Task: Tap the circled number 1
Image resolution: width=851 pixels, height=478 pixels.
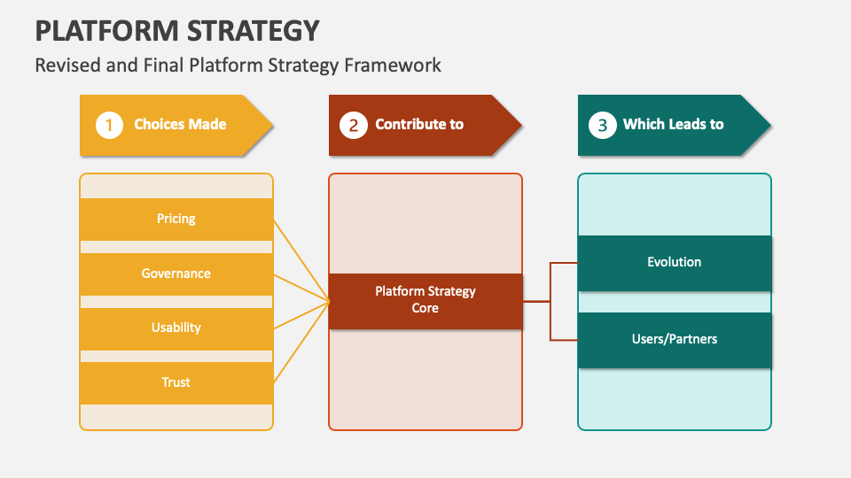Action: [109, 125]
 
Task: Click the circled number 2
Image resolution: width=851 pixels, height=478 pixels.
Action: [353, 125]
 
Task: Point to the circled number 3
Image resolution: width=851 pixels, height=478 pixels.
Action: [602, 125]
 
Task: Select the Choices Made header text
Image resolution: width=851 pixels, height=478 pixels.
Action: [180, 124]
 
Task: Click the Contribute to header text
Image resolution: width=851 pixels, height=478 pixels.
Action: [419, 124]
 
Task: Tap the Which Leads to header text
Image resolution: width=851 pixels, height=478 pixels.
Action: [673, 124]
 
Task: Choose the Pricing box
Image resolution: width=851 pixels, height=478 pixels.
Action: [176, 219]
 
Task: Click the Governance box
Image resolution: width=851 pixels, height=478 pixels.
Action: [176, 274]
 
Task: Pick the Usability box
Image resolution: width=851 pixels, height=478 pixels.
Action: [176, 328]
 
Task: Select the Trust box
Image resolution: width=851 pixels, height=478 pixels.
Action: [176, 382]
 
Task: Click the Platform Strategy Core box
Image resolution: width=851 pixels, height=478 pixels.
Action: [425, 300]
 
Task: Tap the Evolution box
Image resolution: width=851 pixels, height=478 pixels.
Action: [675, 262]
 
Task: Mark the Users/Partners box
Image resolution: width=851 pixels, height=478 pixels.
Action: [675, 339]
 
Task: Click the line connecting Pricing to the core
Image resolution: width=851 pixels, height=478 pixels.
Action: [301, 260]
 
